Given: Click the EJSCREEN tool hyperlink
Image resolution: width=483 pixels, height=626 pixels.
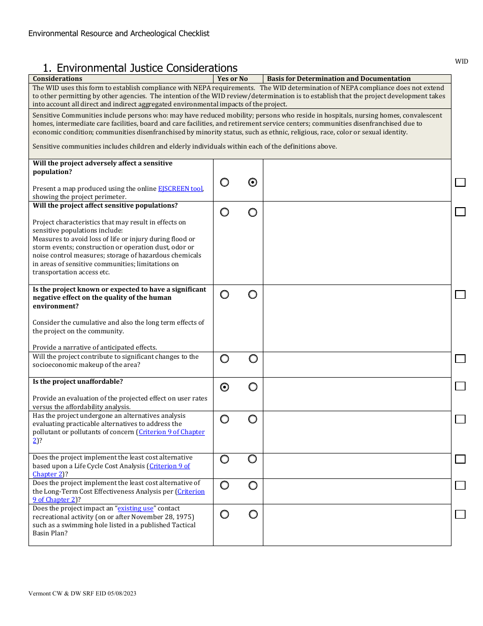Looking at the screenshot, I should coord(180,188).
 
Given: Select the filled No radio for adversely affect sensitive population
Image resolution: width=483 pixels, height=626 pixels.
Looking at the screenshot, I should coord(253,182).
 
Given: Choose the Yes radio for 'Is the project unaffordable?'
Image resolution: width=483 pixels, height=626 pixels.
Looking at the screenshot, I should coord(224,387).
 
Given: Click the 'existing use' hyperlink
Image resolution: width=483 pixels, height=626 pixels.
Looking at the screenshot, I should coord(136,508).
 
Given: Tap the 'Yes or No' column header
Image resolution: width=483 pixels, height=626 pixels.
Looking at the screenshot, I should coord(232,79).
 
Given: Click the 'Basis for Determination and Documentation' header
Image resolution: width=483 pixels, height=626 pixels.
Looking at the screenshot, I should coord(339,79).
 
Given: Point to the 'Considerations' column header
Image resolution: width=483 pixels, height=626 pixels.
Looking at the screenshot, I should coord(57,79).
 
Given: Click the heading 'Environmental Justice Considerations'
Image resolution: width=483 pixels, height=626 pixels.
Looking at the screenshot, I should coord(147,68).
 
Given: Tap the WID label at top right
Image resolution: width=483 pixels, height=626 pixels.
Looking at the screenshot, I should coord(461,62).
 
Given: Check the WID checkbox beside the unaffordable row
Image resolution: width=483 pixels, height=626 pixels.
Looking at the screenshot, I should coord(460,386).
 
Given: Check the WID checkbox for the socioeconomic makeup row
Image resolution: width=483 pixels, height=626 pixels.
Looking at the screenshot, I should coord(460,359).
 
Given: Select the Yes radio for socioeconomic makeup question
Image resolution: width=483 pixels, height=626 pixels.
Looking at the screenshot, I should coord(224,359).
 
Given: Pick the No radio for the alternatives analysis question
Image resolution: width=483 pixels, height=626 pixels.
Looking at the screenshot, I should coord(253,419).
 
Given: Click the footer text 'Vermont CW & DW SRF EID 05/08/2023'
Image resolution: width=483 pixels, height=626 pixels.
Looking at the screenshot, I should coord(82,593).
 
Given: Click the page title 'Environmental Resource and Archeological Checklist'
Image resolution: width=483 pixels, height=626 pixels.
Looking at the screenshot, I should coord(119,34).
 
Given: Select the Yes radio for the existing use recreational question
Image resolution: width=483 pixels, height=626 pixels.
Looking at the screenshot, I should coord(224,515).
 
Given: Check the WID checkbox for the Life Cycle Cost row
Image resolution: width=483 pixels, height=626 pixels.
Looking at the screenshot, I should coord(460,459).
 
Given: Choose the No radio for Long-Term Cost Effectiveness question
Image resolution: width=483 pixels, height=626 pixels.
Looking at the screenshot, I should coord(253,486).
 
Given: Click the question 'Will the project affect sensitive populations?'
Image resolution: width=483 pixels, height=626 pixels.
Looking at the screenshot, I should coord(105,206).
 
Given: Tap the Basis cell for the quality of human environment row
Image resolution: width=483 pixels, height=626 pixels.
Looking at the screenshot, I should coord(357,318).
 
